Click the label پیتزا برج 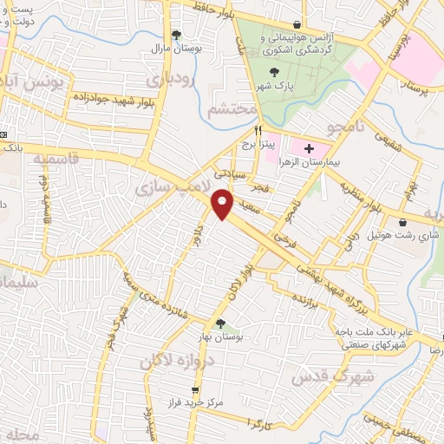(x=258, y=144)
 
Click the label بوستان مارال (x=177, y=49)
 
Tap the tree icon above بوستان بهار (x=220, y=324)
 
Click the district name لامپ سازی (x=172, y=186)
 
